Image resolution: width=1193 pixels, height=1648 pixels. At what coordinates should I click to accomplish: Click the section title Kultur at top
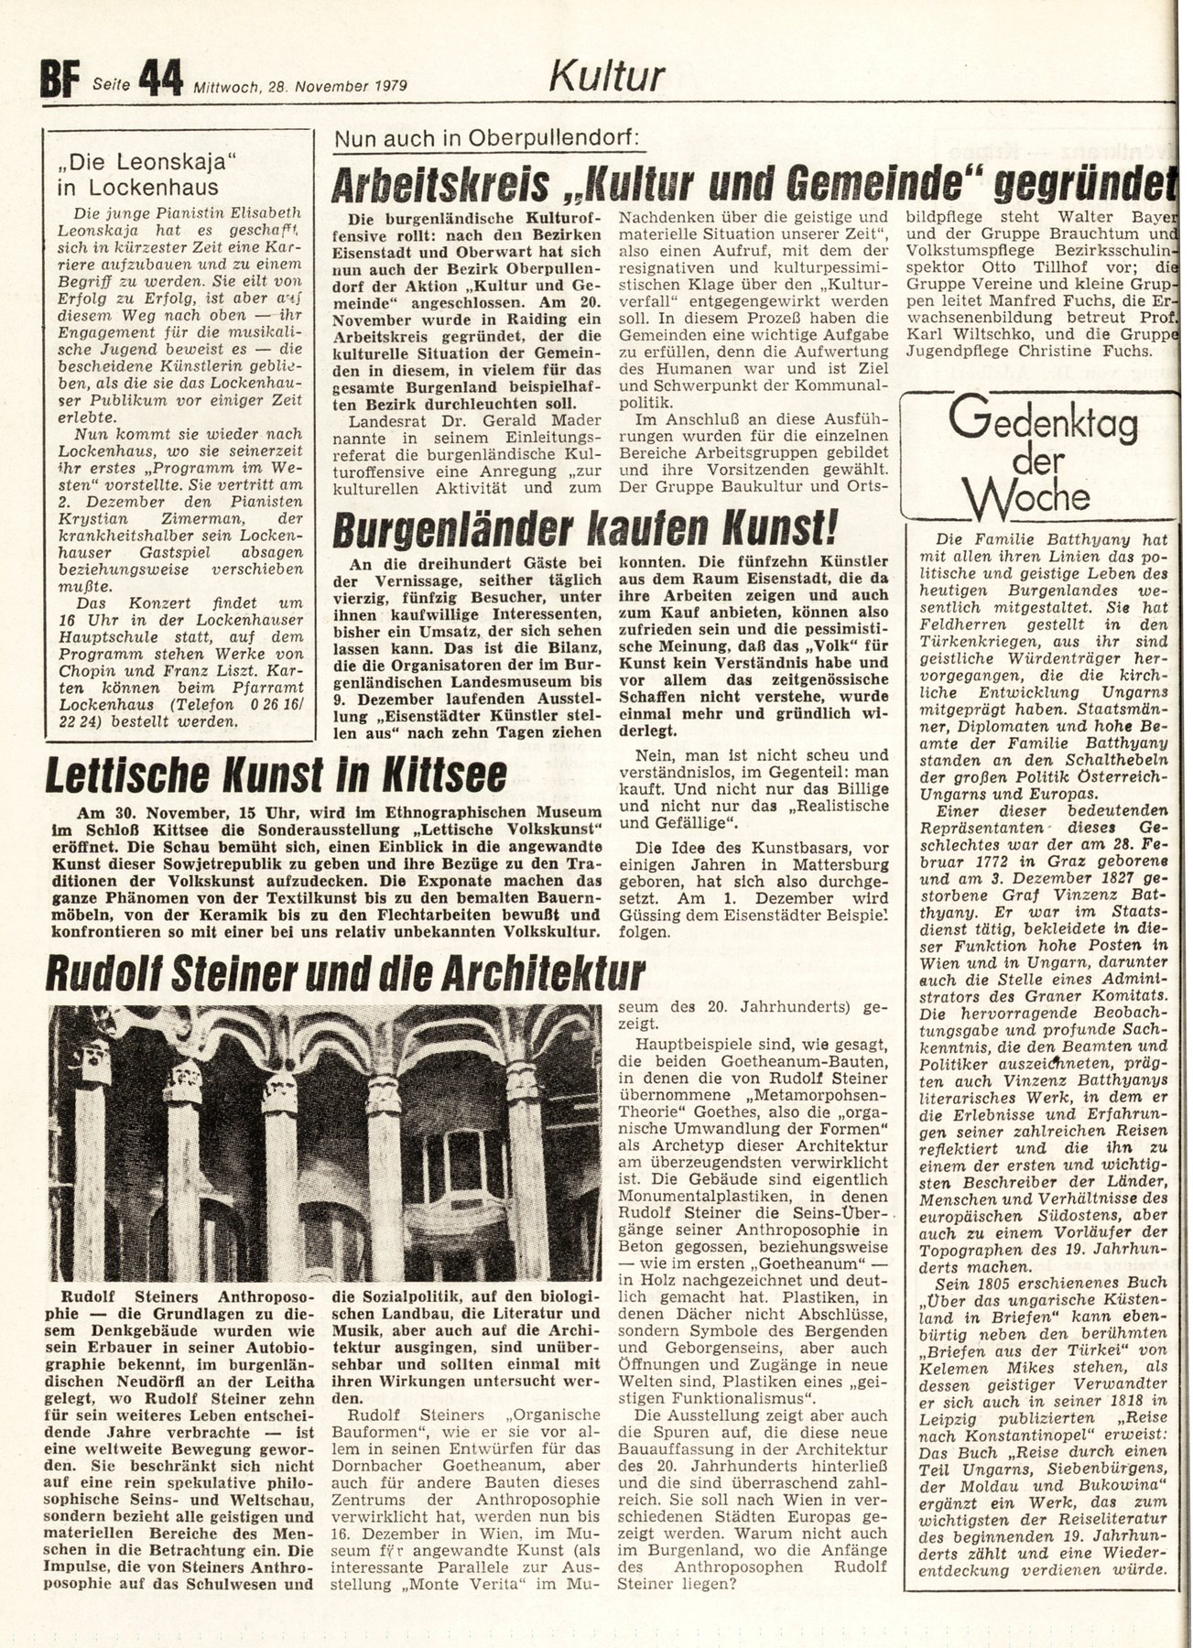coord(606,77)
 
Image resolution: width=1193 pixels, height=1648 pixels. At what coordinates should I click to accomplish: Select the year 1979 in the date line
coord(388,87)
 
